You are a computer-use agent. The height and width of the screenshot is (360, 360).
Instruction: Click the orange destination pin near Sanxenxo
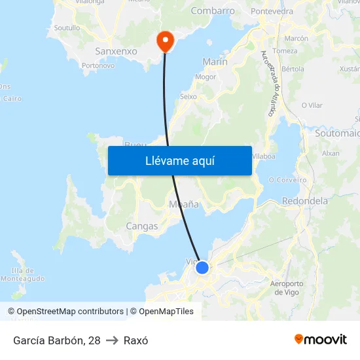click(165, 41)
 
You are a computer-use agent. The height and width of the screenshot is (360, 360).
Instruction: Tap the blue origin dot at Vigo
click(202, 268)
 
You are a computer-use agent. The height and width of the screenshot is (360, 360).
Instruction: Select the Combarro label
click(213, 11)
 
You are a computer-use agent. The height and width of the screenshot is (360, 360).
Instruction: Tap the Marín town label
click(215, 62)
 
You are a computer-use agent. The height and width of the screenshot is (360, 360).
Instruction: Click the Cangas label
click(141, 226)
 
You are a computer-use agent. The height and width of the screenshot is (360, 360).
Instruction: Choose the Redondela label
click(305, 201)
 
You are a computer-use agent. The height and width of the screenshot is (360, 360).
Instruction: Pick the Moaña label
click(184, 204)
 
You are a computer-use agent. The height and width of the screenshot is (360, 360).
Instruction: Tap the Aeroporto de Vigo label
click(287, 288)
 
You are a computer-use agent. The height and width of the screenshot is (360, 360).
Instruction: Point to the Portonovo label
click(98, 65)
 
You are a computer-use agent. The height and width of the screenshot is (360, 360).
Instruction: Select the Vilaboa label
click(263, 156)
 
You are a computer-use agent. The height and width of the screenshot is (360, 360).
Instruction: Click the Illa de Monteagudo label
click(22, 275)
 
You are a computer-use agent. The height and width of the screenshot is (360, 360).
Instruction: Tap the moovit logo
click(320, 340)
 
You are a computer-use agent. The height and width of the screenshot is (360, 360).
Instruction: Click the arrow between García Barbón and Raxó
click(112, 340)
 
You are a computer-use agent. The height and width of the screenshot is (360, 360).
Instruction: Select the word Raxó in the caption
click(136, 340)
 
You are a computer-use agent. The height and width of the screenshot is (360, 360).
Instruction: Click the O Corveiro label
click(287, 180)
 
